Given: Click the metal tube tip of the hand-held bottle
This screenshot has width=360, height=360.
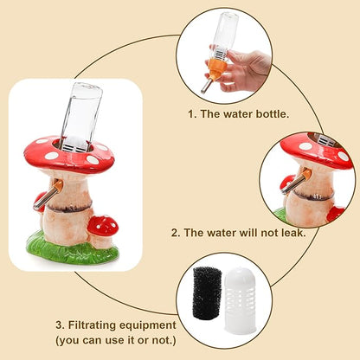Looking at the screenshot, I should click(x=206, y=87).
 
